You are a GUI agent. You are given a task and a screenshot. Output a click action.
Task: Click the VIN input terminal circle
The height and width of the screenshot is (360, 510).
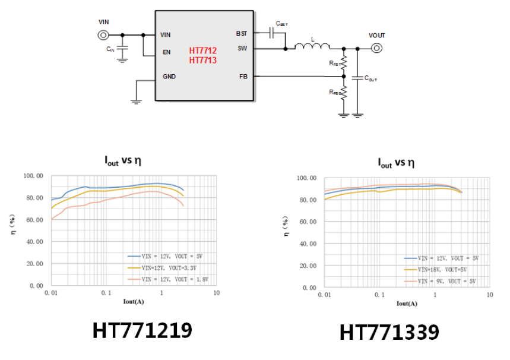point(104,35)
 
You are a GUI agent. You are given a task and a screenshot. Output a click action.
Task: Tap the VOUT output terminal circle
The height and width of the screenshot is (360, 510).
point(376,49)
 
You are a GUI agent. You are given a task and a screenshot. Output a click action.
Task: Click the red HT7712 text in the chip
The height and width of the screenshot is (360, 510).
point(203,50)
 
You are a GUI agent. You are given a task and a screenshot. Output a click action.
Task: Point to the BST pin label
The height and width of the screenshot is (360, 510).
point(241,34)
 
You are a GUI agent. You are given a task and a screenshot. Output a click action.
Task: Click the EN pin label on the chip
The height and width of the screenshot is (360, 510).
point(167,52)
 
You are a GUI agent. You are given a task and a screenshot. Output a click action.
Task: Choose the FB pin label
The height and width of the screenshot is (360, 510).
point(243,77)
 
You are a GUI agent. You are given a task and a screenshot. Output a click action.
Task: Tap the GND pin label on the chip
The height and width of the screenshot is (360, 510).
point(169,77)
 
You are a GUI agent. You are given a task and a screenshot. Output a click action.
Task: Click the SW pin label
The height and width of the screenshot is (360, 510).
point(242,49)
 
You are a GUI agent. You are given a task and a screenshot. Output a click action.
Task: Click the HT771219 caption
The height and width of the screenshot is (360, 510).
point(142,330)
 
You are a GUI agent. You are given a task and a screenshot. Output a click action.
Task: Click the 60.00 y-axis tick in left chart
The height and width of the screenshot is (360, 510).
point(33,220)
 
